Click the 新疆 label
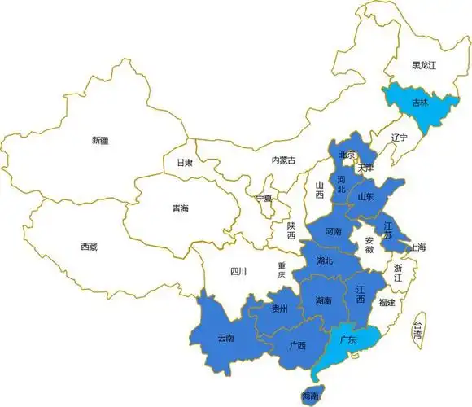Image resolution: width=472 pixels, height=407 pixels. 100,140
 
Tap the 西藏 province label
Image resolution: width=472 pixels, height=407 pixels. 89,246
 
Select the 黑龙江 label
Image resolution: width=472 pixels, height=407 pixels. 424,65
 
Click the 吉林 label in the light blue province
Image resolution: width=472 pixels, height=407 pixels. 420,103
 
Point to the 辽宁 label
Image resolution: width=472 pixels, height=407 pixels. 399,137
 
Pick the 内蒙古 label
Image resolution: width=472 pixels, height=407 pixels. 283,160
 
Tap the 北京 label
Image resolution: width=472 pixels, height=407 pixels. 347,155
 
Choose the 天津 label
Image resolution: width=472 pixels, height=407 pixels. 365,168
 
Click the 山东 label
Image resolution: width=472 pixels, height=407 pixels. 365,197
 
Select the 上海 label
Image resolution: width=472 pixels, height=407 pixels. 418,247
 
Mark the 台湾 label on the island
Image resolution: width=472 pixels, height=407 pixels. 417,328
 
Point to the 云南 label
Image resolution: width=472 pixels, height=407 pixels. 226,338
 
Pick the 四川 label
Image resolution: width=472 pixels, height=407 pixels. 238,271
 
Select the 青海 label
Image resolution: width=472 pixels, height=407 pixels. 180,209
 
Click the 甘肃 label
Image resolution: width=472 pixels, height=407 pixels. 185,162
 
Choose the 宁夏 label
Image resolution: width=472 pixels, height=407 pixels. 264,198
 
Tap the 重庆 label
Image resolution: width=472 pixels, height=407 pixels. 282,270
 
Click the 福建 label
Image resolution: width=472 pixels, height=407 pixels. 387,302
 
